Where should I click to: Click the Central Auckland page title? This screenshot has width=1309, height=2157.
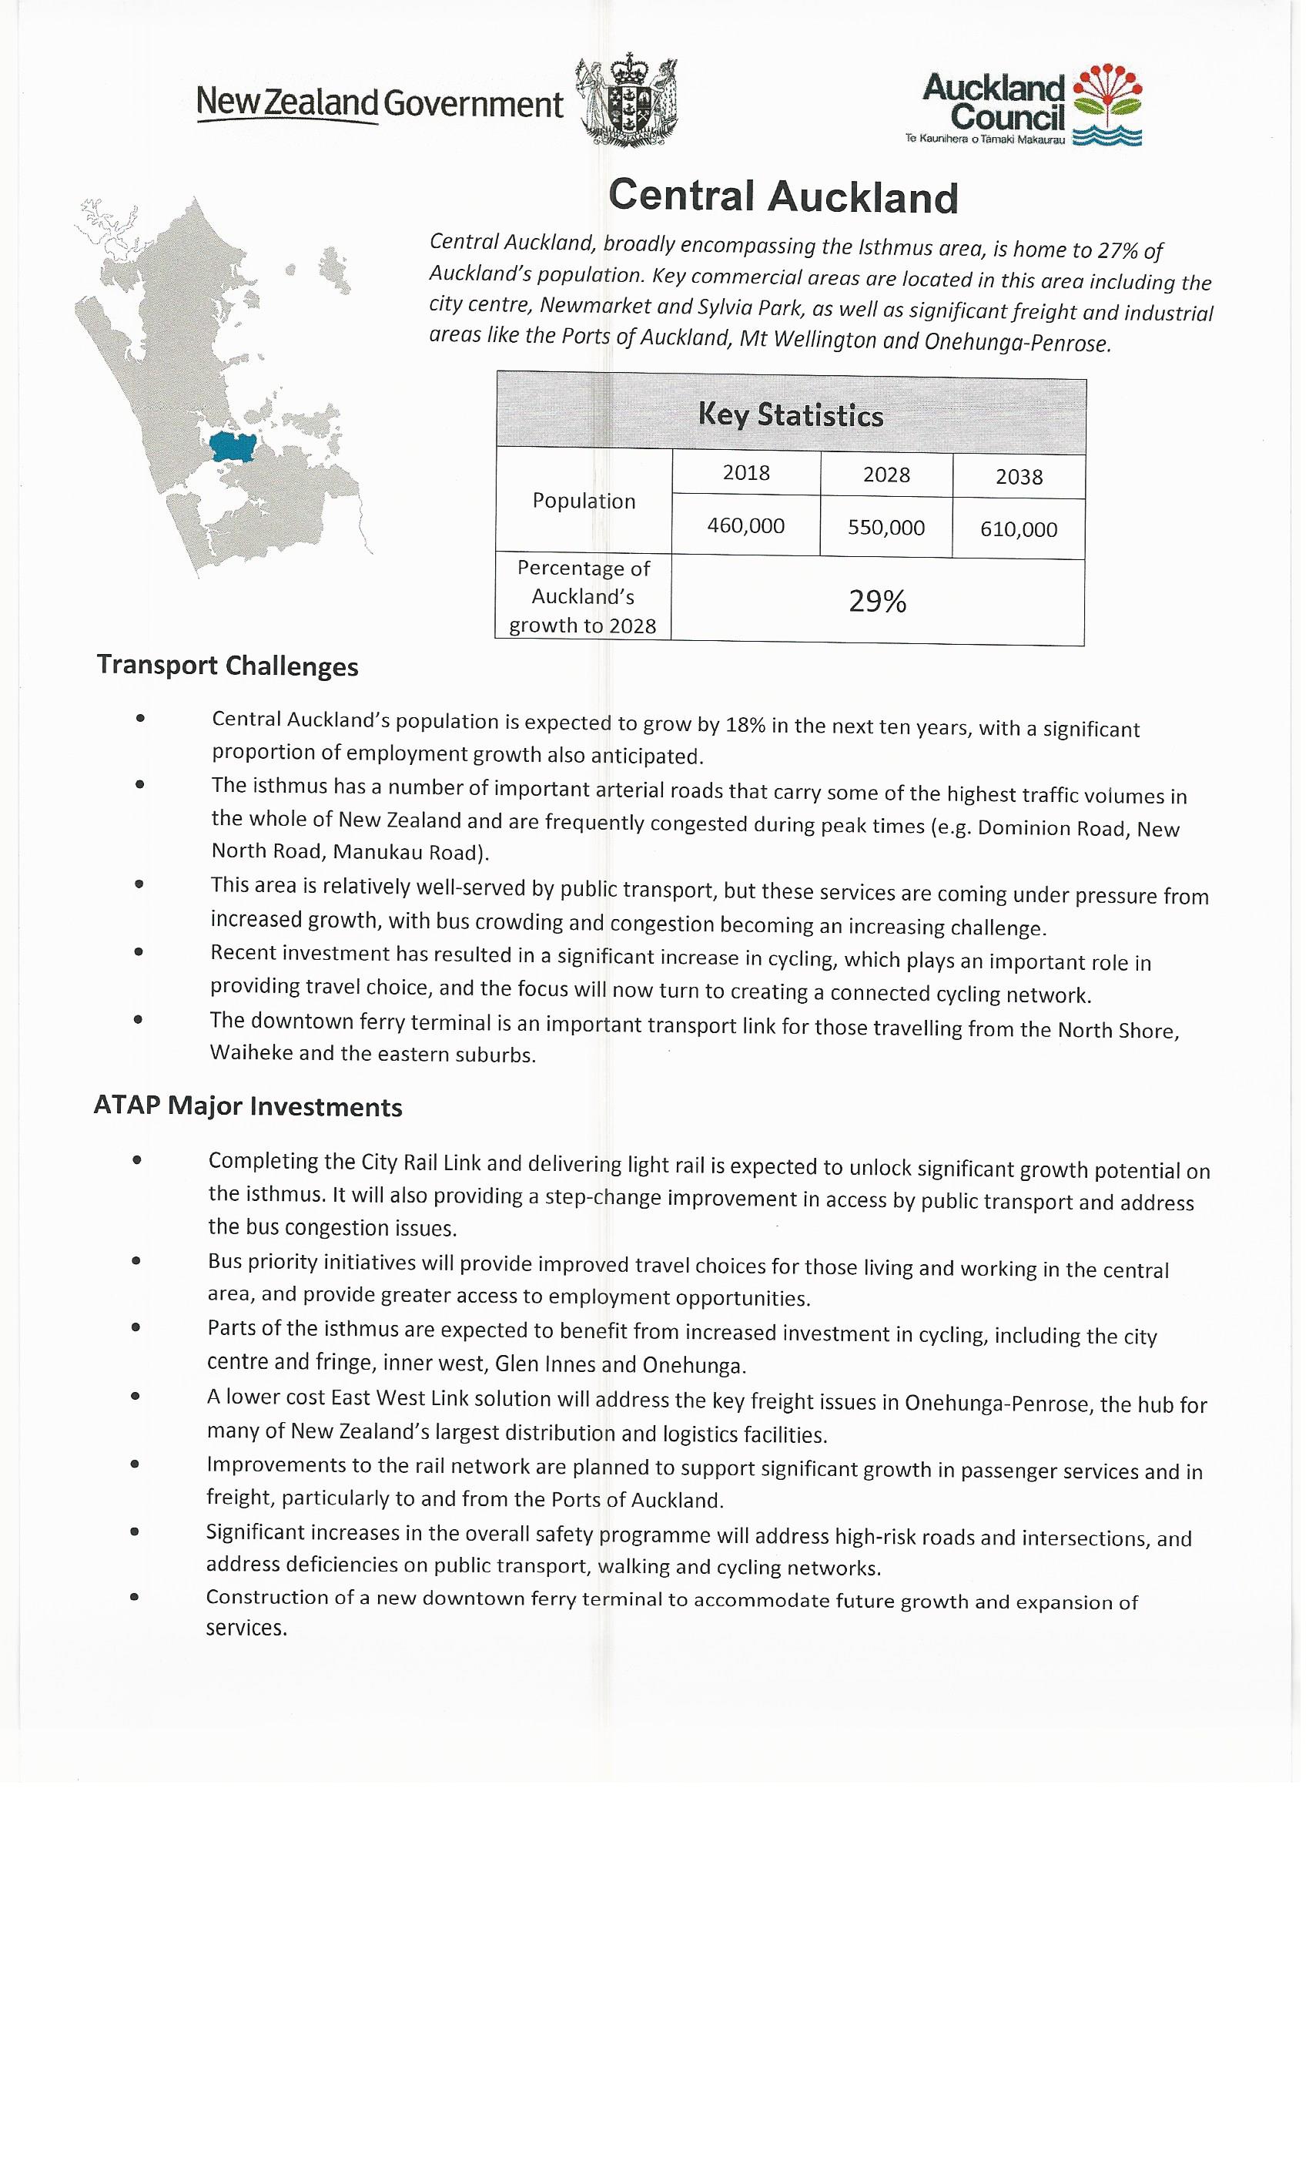tap(783, 196)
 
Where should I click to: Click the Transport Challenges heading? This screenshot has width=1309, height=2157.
tap(227, 666)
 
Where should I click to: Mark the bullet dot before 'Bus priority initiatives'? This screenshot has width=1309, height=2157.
tap(136, 1262)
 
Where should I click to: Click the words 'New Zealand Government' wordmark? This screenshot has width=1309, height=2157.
tap(379, 104)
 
